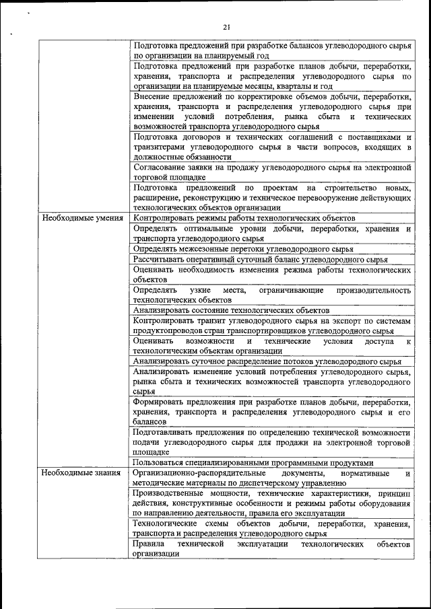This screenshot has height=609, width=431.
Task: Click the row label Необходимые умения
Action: point(82,218)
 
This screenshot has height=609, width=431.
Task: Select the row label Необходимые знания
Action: point(81,472)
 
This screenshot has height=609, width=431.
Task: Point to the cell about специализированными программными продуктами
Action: point(252,462)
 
